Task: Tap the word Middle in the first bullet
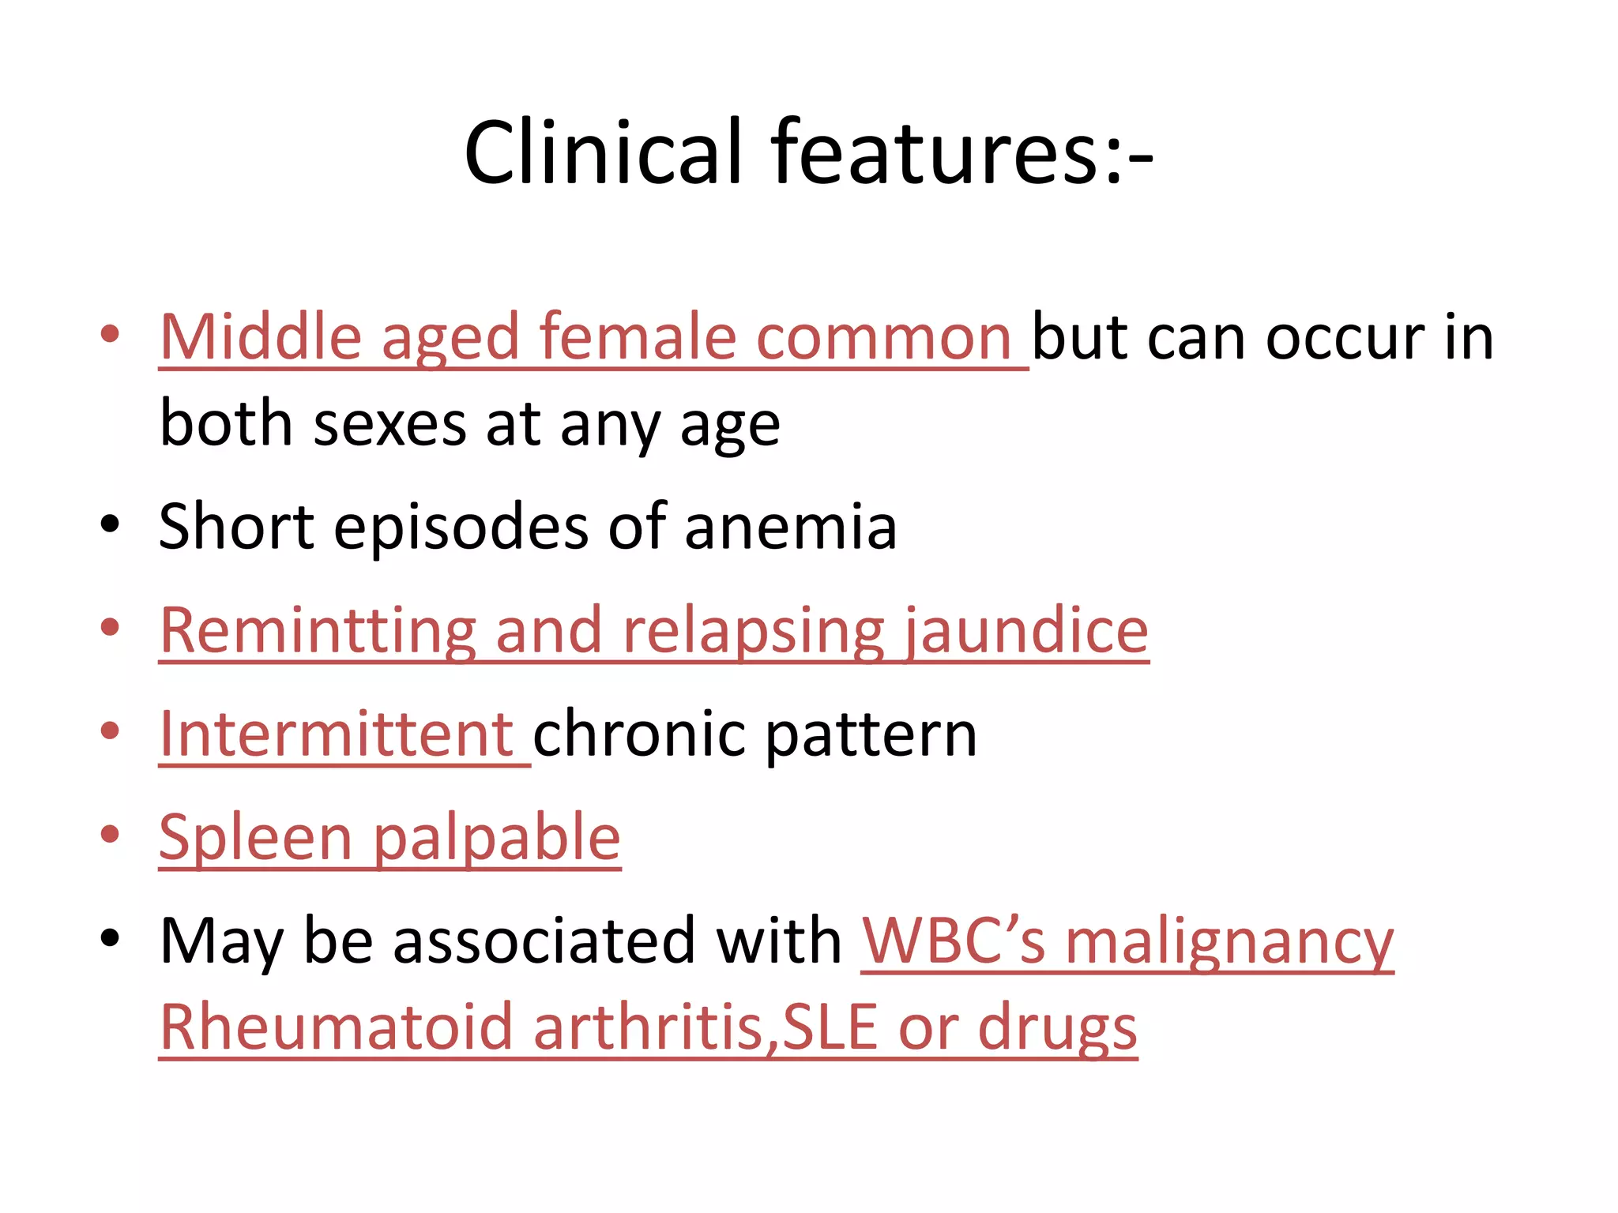[x=261, y=337]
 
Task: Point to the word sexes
[x=390, y=425]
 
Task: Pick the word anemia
[x=791, y=528]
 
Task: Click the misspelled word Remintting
[x=318, y=631]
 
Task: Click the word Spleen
[x=255, y=839]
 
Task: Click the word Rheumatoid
[x=337, y=1027]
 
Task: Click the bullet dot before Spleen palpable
[x=110, y=834]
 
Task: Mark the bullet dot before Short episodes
[x=110, y=524]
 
